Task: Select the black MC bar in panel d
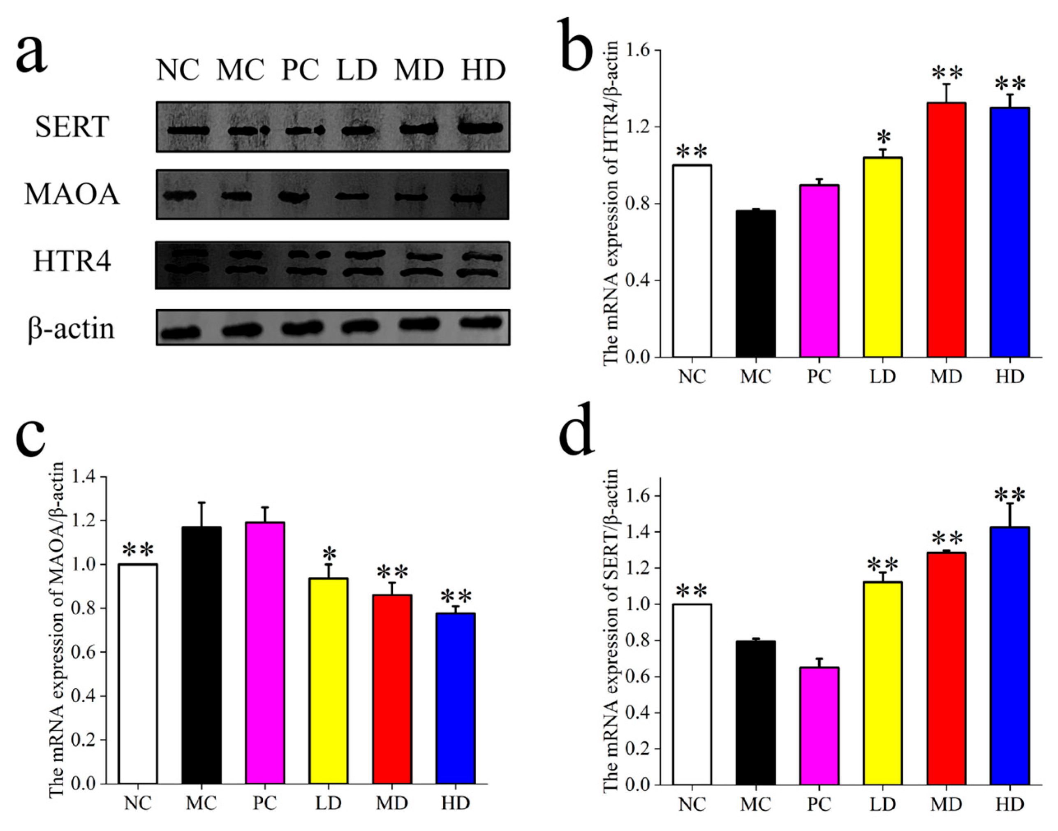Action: click(x=755, y=712)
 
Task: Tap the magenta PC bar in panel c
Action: click(x=265, y=653)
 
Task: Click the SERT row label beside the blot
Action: click(x=72, y=127)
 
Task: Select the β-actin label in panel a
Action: click(x=71, y=329)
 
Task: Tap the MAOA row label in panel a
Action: click(x=72, y=194)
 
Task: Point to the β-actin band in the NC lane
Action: click(x=181, y=333)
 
